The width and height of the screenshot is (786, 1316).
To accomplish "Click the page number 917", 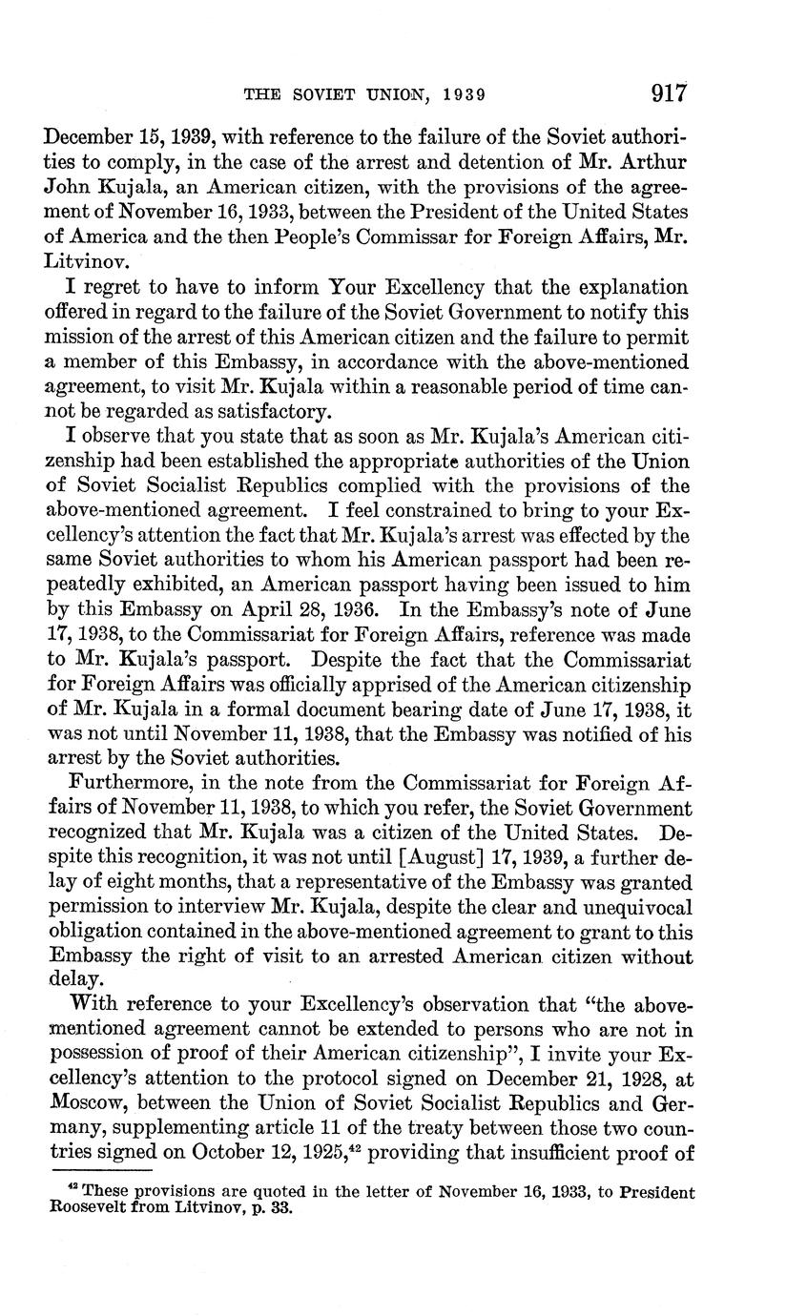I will click(x=670, y=93).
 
